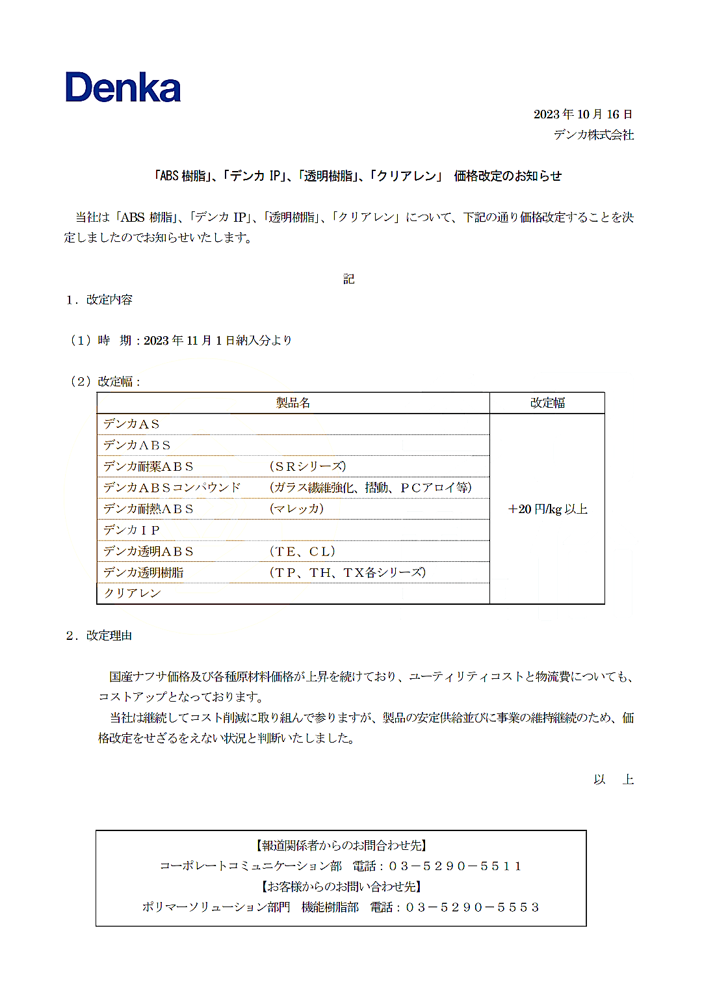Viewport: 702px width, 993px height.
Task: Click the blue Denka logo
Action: point(123,88)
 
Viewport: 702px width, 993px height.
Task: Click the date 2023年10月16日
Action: point(582,114)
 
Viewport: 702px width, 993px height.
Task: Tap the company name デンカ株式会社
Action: point(593,135)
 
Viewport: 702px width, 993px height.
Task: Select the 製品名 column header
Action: point(293,403)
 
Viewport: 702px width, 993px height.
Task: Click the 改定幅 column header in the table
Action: point(547,403)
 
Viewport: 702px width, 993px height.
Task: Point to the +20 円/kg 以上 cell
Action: point(547,509)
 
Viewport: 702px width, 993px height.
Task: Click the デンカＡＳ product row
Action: point(131,424)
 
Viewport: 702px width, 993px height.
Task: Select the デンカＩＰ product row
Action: point(131,530)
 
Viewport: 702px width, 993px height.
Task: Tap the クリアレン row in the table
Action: point(133,593)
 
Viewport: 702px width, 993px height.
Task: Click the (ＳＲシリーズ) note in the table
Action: point(307,466)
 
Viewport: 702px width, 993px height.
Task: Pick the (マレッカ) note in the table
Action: point(296,509)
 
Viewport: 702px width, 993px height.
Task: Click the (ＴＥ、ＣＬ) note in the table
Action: point(302,551)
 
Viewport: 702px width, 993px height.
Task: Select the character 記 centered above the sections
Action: point(349,279)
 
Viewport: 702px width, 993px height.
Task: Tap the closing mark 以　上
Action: point(613,780)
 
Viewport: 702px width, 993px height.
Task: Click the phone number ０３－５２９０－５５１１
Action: point(455,866)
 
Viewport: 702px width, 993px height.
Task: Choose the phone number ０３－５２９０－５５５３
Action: point(473,907)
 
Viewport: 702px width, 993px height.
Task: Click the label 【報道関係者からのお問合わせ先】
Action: point(341,845)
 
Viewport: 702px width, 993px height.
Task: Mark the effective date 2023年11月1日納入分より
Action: point(218,341)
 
